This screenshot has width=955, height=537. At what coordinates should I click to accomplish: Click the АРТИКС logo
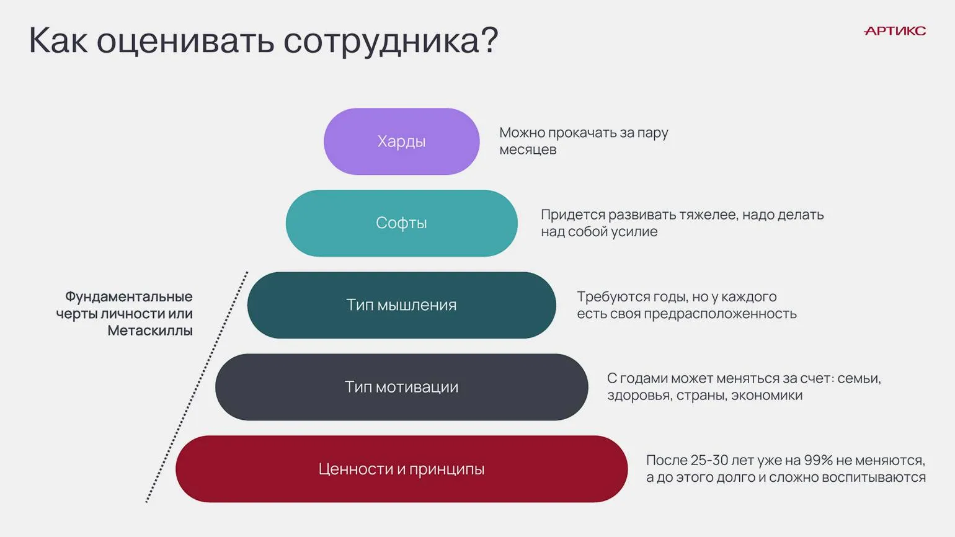point(894,30)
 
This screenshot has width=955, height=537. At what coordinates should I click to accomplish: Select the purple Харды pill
point(402,141)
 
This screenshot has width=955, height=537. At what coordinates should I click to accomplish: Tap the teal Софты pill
point(402,223)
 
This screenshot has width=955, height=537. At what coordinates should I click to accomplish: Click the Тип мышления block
point(402,305)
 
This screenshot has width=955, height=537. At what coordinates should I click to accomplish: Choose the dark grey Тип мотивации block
point(402,387)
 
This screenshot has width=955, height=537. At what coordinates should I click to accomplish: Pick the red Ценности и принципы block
point(402,469)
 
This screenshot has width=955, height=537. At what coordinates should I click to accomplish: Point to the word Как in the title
point(58,40)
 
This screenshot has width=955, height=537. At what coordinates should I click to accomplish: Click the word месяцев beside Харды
point(528,150)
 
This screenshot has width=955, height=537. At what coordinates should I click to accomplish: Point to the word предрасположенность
point(720,314)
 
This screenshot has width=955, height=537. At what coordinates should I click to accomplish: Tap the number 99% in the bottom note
point(818,460)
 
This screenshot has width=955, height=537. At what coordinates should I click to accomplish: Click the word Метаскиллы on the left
point(150,331)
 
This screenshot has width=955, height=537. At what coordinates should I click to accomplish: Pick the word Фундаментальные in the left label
point(129,296)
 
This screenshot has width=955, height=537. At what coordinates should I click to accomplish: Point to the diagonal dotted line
point(197,387)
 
